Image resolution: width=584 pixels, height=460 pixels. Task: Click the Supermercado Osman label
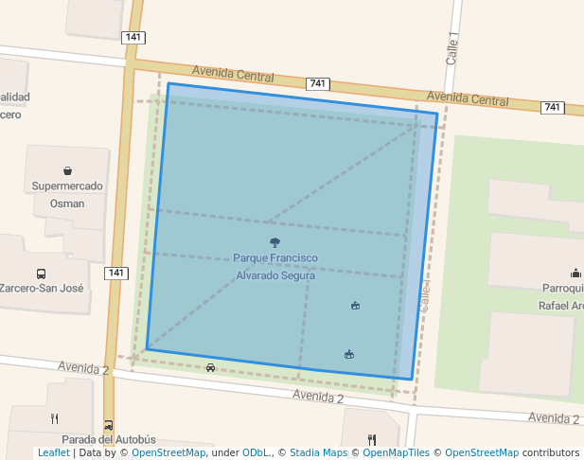(x=67, y=194)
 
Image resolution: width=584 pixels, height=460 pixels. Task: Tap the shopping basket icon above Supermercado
(x=68, y=171)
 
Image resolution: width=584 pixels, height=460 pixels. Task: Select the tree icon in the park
(x=274, y=242)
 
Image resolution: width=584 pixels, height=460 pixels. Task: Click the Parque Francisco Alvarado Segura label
(x=274, y=266)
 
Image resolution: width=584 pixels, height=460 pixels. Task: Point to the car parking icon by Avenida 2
(x=210, y=367)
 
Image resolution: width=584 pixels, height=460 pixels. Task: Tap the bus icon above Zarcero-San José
(x=41, y=273)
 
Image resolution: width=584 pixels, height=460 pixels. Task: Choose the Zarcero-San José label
(x=42, y=288)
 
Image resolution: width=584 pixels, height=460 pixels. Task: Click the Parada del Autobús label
(x=108, y=440)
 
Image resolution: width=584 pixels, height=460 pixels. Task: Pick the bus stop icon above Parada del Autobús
(x=109, y=425)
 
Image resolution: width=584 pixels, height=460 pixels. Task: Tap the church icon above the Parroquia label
(x=575, y=273)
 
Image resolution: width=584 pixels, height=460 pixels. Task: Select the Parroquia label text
(x=562, y=288)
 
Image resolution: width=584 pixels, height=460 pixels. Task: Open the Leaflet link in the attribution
(x=53, y=452)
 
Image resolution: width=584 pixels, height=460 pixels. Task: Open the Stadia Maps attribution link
(x=318, y=452)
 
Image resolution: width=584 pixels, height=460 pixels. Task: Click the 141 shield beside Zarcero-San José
(x=115, y=273)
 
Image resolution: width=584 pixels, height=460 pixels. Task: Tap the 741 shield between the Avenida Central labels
(x=317, y=84)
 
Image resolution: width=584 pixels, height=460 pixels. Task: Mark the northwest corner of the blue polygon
(x=168, y=83)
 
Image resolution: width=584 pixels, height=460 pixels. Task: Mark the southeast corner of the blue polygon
(x=413, y=380)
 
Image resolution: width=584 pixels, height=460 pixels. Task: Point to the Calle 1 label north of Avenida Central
(x=452, y=49)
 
